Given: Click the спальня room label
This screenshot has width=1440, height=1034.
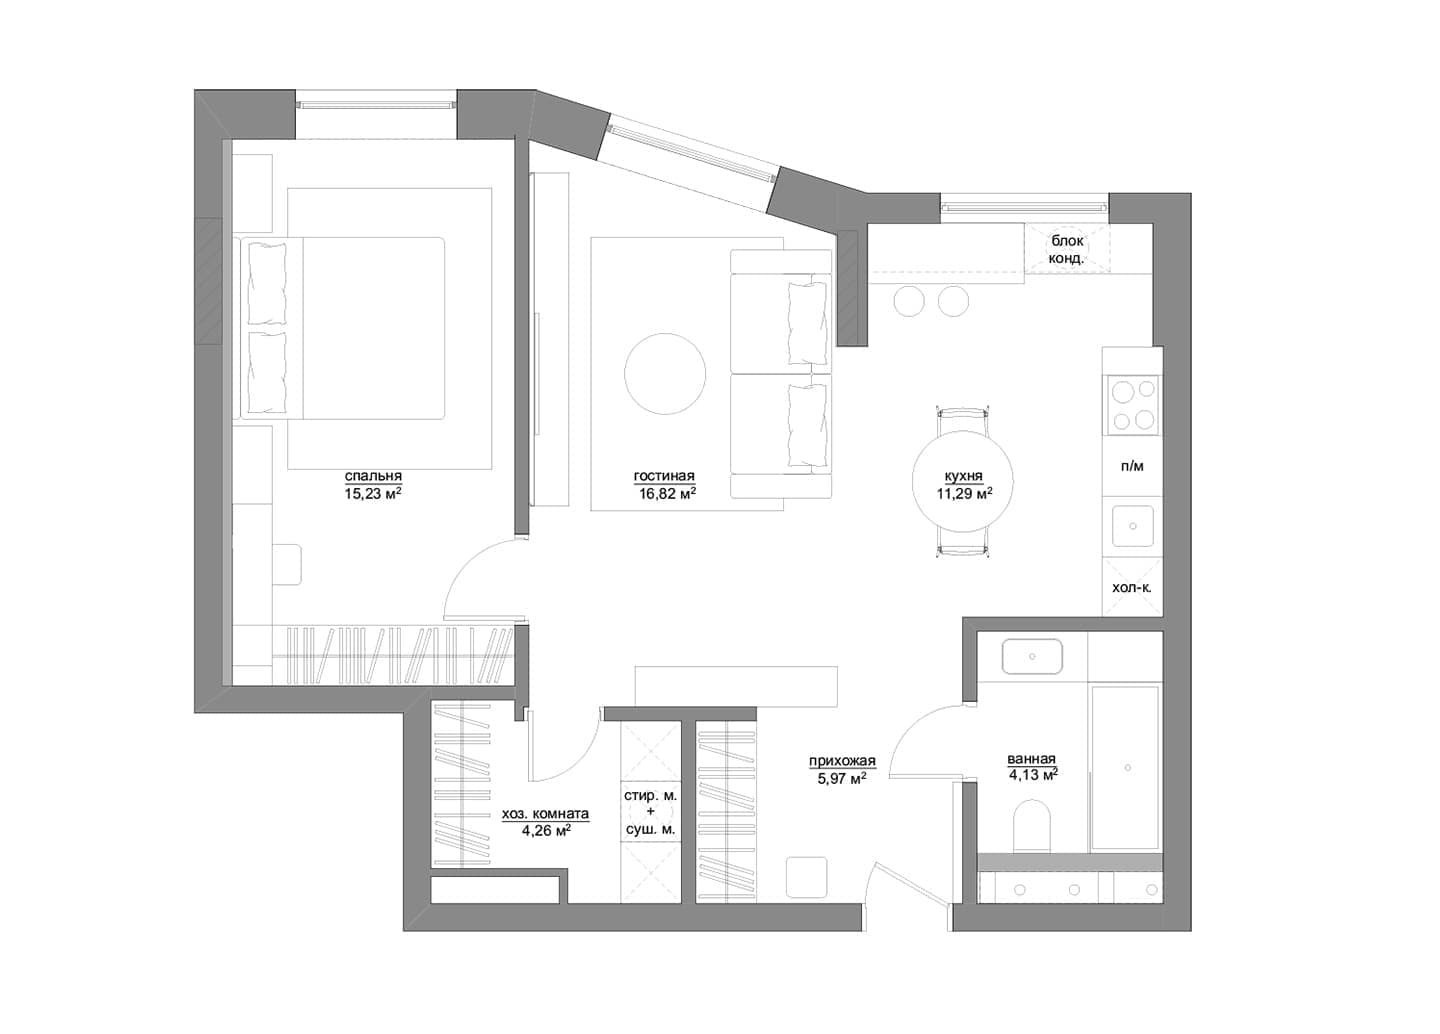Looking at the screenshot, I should tap(373, 477).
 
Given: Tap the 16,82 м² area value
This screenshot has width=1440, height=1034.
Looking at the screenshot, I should tap(667, 493).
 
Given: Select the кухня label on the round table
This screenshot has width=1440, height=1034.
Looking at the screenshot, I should tap(963, 477).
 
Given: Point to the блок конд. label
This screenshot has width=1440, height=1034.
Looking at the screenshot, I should tap(1066, 250).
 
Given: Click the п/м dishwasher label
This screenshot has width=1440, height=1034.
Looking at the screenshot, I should tap(1132, 466).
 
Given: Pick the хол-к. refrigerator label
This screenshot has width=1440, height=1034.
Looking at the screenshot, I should tap(1131, 587).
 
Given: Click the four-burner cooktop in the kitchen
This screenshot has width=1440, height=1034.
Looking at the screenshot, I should tap(1133, 405).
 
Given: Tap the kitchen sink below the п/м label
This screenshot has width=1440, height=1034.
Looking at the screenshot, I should tap(1133, 526).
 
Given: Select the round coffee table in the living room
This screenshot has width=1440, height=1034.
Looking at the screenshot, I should tap(665, 373).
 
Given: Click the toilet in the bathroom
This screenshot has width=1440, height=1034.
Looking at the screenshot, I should tap(1032, 827).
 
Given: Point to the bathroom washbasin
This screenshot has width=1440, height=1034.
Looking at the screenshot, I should tap(1032, 657).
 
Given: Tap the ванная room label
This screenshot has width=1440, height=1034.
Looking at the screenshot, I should tap(1031, 759).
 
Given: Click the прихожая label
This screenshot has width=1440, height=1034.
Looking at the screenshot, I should tap(842, 761).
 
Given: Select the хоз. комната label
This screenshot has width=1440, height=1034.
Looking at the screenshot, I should tap(545, 814).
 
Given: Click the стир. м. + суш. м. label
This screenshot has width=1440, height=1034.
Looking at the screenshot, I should tap(650, 812).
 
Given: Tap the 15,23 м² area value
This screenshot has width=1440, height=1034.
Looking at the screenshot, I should tap(373, 493).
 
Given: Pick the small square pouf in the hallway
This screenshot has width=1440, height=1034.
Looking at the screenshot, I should tap(807, 877).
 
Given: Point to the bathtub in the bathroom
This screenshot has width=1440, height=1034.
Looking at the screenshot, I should tap(1125, 768).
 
